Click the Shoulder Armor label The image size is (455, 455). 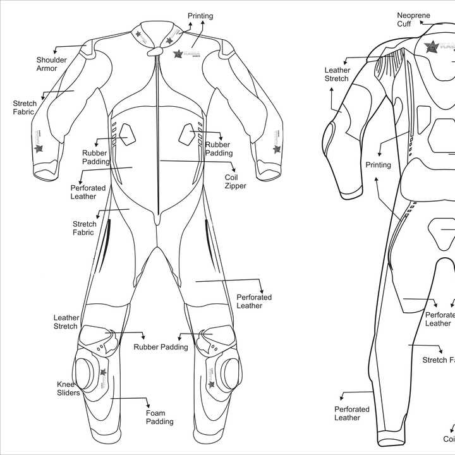click(x=51, y=64)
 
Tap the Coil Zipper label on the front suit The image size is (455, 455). click(x=235, y=182)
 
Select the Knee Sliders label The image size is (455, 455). click(x=68, y=389)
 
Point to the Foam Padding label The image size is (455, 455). click(x=160, y=417)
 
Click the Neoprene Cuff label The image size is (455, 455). click(x=413, y=20)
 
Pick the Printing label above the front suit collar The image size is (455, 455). click(x=200, y=16)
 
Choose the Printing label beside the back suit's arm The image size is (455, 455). click(x=378, y=165)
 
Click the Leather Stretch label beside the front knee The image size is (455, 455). click(x=66, y=322)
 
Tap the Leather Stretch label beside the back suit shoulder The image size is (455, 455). click(x=336, y=75)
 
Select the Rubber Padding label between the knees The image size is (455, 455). click(x=161, y=347)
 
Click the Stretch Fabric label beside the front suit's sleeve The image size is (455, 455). click(x=25, y=107)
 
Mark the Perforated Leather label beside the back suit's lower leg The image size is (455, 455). click(x=347, y=413)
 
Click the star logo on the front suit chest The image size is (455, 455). click(x=178, y=54)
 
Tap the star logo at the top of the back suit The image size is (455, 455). click(x=432, y=45)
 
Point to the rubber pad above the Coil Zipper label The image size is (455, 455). click(x=187, y=133)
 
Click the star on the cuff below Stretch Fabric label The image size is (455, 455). click(x=39, y=149)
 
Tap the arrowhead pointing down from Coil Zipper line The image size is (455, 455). click(x=234, y=169)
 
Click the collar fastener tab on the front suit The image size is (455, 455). click(x=152, y=54)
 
